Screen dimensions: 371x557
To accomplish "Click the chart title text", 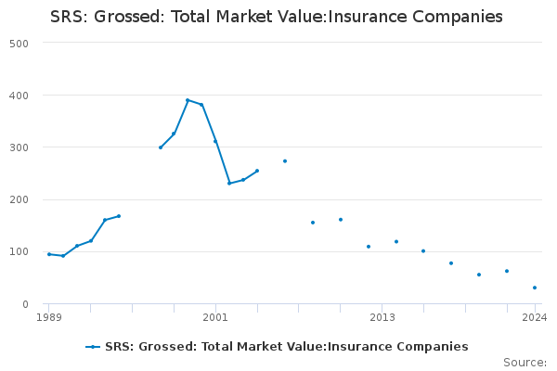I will click(277, 17).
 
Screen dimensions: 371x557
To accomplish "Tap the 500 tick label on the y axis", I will click(19, 44).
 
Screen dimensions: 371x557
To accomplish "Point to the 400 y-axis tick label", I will click(19, 96).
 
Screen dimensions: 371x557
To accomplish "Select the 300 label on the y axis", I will click(19, 147).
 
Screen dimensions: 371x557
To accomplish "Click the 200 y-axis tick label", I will click(19, 199).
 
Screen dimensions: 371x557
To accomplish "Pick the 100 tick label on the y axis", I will click(19, 251).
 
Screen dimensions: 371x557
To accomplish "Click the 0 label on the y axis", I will click(26, 304).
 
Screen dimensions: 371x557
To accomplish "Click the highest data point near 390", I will click(188, 100).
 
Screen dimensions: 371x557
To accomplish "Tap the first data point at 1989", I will click(49, 254).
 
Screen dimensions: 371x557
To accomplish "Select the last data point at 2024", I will click(535, 288).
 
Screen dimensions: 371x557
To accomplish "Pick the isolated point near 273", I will click(285, 161).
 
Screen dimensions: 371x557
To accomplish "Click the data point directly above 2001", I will click(215, 141).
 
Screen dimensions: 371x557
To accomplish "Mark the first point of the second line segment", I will click(161, 147).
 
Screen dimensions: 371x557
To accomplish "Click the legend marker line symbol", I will click(93, 347).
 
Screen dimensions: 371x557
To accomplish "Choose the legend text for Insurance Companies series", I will click(287, 347).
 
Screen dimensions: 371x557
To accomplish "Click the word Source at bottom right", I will click(525, 363).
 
